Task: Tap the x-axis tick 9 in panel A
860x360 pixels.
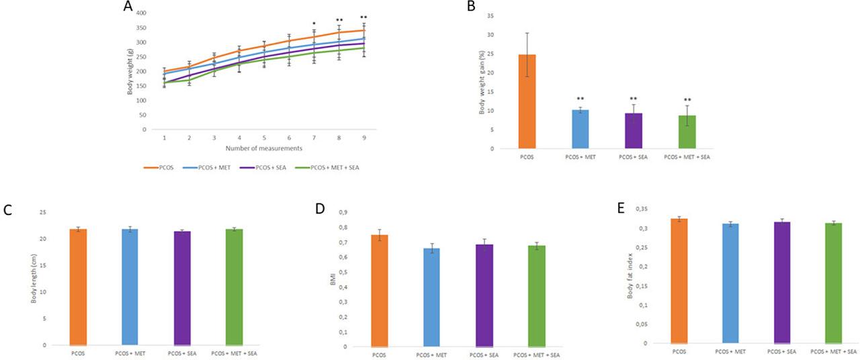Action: (x=363, y=136)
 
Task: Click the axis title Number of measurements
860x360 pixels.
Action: (x=263, y=147)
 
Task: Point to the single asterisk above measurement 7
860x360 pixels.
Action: (x=313, y=24)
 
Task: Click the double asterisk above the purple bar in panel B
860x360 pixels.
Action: (x=632, y=99)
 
